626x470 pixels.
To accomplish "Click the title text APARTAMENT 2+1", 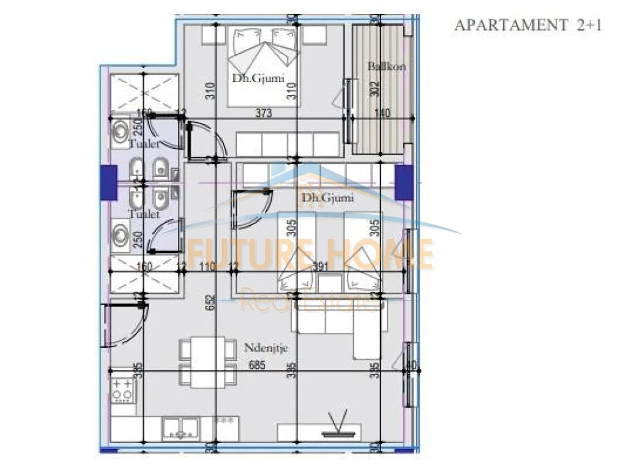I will (528, 25).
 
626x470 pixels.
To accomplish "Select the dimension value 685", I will (259, 365).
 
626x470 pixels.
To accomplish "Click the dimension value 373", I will (264, 113).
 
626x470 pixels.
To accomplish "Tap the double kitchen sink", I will (181, 428).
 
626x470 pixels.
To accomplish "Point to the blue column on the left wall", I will (108, 182).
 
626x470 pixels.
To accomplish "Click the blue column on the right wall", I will (404, 182).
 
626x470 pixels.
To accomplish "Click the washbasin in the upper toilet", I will (121, 130).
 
